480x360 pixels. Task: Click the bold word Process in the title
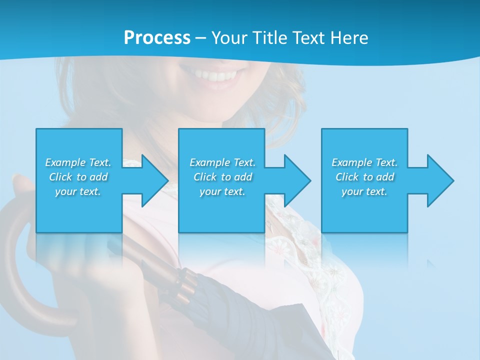point(157,37)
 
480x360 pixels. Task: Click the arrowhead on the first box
point(154,180)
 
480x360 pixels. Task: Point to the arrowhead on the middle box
point(297,180)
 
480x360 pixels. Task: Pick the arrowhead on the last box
point(440,180)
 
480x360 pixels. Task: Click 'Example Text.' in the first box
point(78,162)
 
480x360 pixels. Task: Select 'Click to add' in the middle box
point(222,177)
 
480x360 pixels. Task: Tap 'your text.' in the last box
point(364,191)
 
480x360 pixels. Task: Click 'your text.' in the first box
point(78,191)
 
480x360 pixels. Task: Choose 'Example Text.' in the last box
point(364,162)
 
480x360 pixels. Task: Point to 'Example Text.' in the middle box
point(222,162)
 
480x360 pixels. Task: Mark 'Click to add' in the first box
point(78,177)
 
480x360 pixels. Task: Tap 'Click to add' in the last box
point(364,177)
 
